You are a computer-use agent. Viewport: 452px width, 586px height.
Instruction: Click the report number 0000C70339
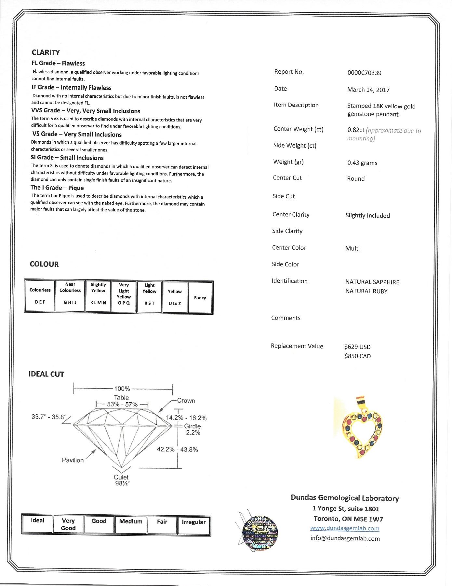364,73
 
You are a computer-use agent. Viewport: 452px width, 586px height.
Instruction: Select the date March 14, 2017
368,90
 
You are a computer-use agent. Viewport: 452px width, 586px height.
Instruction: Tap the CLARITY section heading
46,52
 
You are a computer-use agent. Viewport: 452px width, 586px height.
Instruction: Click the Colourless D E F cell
40,296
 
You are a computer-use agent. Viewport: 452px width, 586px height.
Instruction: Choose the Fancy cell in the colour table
200,297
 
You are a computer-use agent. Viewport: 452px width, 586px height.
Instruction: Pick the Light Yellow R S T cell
149,297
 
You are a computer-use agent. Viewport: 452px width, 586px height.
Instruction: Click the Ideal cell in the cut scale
37,523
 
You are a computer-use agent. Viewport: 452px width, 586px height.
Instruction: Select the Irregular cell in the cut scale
193,524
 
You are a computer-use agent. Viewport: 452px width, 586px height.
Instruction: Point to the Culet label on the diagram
121,477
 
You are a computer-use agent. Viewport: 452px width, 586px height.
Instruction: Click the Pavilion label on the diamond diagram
73,460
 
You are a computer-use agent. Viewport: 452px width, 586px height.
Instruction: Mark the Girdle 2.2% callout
193,429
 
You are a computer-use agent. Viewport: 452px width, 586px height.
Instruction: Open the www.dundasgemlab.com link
345,528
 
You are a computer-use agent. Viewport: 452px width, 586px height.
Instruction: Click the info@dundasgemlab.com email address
345,538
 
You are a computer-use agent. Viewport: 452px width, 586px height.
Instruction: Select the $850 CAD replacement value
357,356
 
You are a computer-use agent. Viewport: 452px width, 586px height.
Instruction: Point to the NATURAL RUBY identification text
366,291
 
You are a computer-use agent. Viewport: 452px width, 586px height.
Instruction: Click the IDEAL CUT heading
47,374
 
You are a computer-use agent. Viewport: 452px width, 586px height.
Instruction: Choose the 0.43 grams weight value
362,163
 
